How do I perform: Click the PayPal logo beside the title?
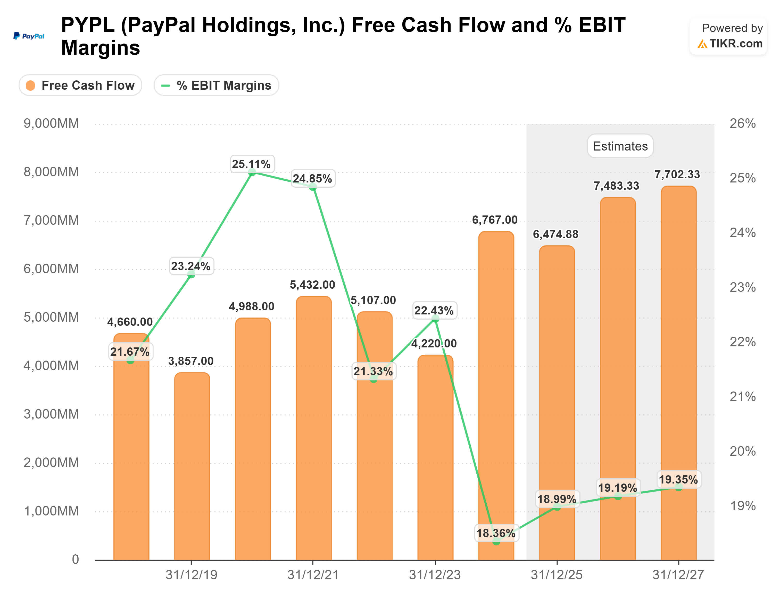point(29,36)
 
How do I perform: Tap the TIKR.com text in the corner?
point(735,44)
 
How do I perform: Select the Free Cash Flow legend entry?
point(80,85)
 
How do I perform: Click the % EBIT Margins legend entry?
point(217,85)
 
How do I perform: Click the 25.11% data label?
point(251,164)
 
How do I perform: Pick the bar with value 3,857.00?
point(192,464)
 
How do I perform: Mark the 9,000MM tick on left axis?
point(51,123)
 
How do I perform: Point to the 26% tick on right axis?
point(743,123)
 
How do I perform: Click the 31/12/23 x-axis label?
point(435,575)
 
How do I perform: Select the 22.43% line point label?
point(434,310)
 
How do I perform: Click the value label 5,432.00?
point(312,285)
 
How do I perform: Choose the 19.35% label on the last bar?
point(678,480)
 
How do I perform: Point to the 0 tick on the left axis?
point(75,559)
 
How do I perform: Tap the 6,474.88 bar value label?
point(555,234)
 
